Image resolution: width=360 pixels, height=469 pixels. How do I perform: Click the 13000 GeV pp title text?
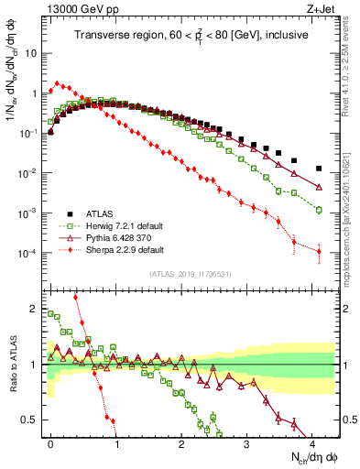pos(74,8)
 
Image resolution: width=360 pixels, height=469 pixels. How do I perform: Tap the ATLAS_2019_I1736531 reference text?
pos(190,274)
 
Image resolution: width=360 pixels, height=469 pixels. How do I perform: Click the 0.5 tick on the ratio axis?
pos(32,420)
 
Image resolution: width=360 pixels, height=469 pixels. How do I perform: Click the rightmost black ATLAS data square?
pos(318,169)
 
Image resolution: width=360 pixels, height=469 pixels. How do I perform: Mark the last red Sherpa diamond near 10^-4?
pos(318,252)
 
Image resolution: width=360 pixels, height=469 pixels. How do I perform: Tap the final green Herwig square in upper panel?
pos(318,210)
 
